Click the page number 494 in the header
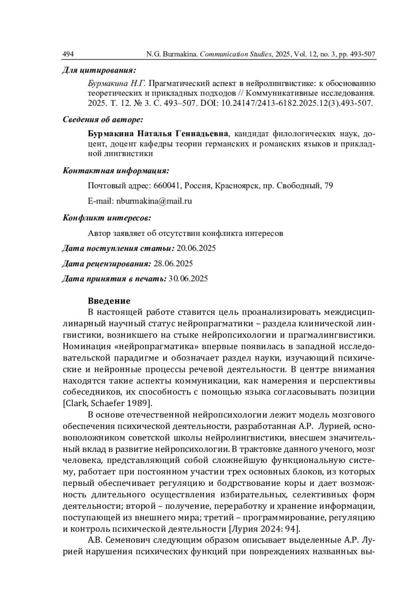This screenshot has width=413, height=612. point(68,54)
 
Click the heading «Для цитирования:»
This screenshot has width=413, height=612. point(99,71)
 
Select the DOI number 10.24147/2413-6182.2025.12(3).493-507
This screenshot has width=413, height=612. point(294,103)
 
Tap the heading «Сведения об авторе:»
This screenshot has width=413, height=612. point(103,120)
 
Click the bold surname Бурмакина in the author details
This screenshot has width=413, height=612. point(111,133)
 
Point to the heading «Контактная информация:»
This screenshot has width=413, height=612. point(116,171)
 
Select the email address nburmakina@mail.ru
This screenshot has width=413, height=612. point(154,201)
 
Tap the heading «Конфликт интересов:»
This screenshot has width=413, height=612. point(107,218)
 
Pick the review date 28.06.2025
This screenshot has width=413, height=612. point(173,264)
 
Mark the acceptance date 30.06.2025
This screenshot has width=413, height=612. point(188,279)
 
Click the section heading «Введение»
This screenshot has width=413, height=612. point(109,301)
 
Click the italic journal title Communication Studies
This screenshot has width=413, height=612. point(235,54)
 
